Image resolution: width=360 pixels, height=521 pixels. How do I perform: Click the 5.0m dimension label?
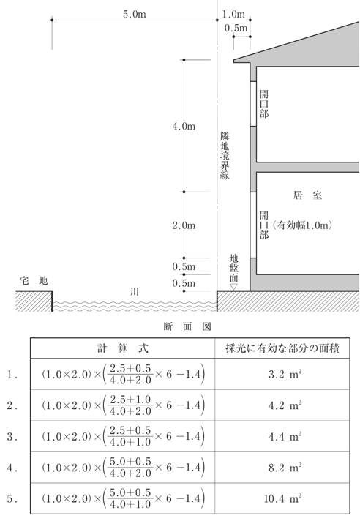click(x=135, y=13)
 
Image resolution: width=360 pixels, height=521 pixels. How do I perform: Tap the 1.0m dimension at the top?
click(x=233, y=14)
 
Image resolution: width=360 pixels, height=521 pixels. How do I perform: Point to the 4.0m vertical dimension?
click(x=184, y=127)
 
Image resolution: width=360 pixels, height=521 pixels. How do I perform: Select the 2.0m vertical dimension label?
click(x=184, y=225)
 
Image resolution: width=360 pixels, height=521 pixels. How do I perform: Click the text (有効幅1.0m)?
click(x=302, y=226)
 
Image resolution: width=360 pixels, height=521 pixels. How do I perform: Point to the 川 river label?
click(x=134, y=291)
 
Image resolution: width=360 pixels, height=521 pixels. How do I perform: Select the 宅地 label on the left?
click(x=34, y=280)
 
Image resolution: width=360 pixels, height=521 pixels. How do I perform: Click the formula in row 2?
click(x=121, y=406)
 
